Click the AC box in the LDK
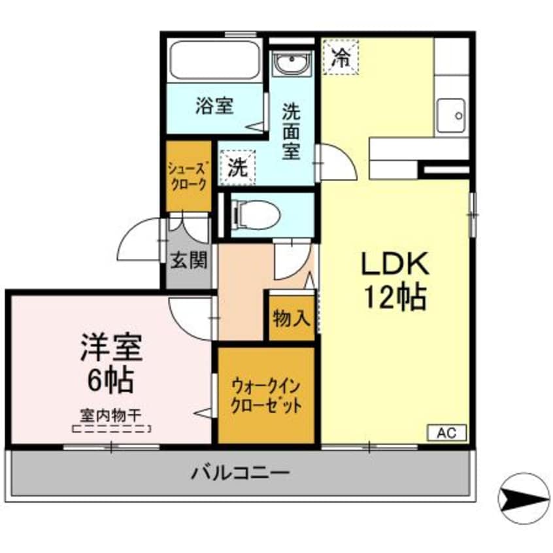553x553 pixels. click(x=447, y=432)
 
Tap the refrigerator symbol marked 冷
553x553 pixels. click(x=340, y=55)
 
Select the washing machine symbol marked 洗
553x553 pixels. click(x=237, y=167)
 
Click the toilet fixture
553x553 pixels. click(x=257, y=214)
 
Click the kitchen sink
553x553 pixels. click(x=451, y=115)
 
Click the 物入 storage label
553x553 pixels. click(x=290, y=318)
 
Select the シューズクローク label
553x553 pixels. click(x=188, y=176)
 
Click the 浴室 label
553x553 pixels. click(x=214, y=106)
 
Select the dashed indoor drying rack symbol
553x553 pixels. click(x=111, y=429)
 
